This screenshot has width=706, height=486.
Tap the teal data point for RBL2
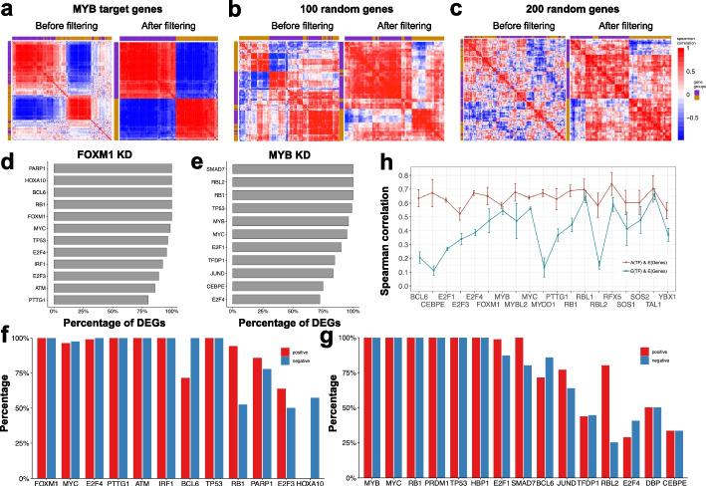pyautogui.click(x=600, y=265)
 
